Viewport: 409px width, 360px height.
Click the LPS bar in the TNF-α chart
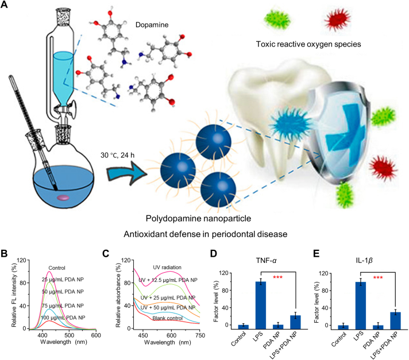click(x=261, y=307)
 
